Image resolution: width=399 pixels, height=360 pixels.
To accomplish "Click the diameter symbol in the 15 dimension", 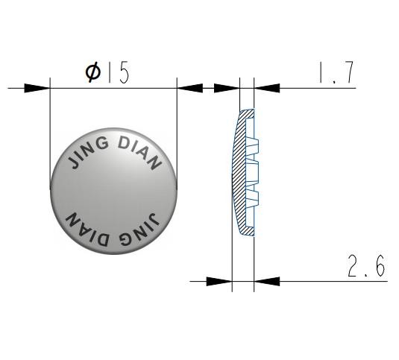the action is (93, 73).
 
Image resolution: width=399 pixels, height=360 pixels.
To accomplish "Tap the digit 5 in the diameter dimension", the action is (124, 74).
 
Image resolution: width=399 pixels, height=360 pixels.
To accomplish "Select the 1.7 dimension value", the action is (336, 72).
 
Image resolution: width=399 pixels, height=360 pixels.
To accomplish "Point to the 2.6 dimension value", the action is (366, 265).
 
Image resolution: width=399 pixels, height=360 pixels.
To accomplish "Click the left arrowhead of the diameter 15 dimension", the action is (37, 88).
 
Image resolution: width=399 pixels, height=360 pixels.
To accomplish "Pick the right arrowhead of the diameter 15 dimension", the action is (190, 88).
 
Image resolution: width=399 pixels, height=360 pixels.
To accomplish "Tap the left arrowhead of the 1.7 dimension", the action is (227, 88).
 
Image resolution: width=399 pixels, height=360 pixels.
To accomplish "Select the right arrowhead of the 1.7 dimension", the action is (267, 88).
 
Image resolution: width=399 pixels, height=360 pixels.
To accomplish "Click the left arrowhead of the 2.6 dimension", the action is (219, 282).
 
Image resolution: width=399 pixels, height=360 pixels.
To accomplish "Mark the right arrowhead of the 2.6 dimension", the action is (267, 282).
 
